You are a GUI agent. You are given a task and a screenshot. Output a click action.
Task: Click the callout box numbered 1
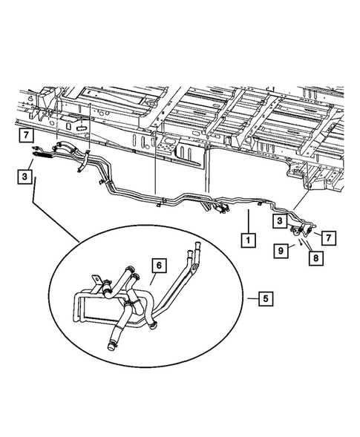(246, 240)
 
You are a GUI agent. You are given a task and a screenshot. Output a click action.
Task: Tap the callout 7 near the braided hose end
(26, 135)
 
